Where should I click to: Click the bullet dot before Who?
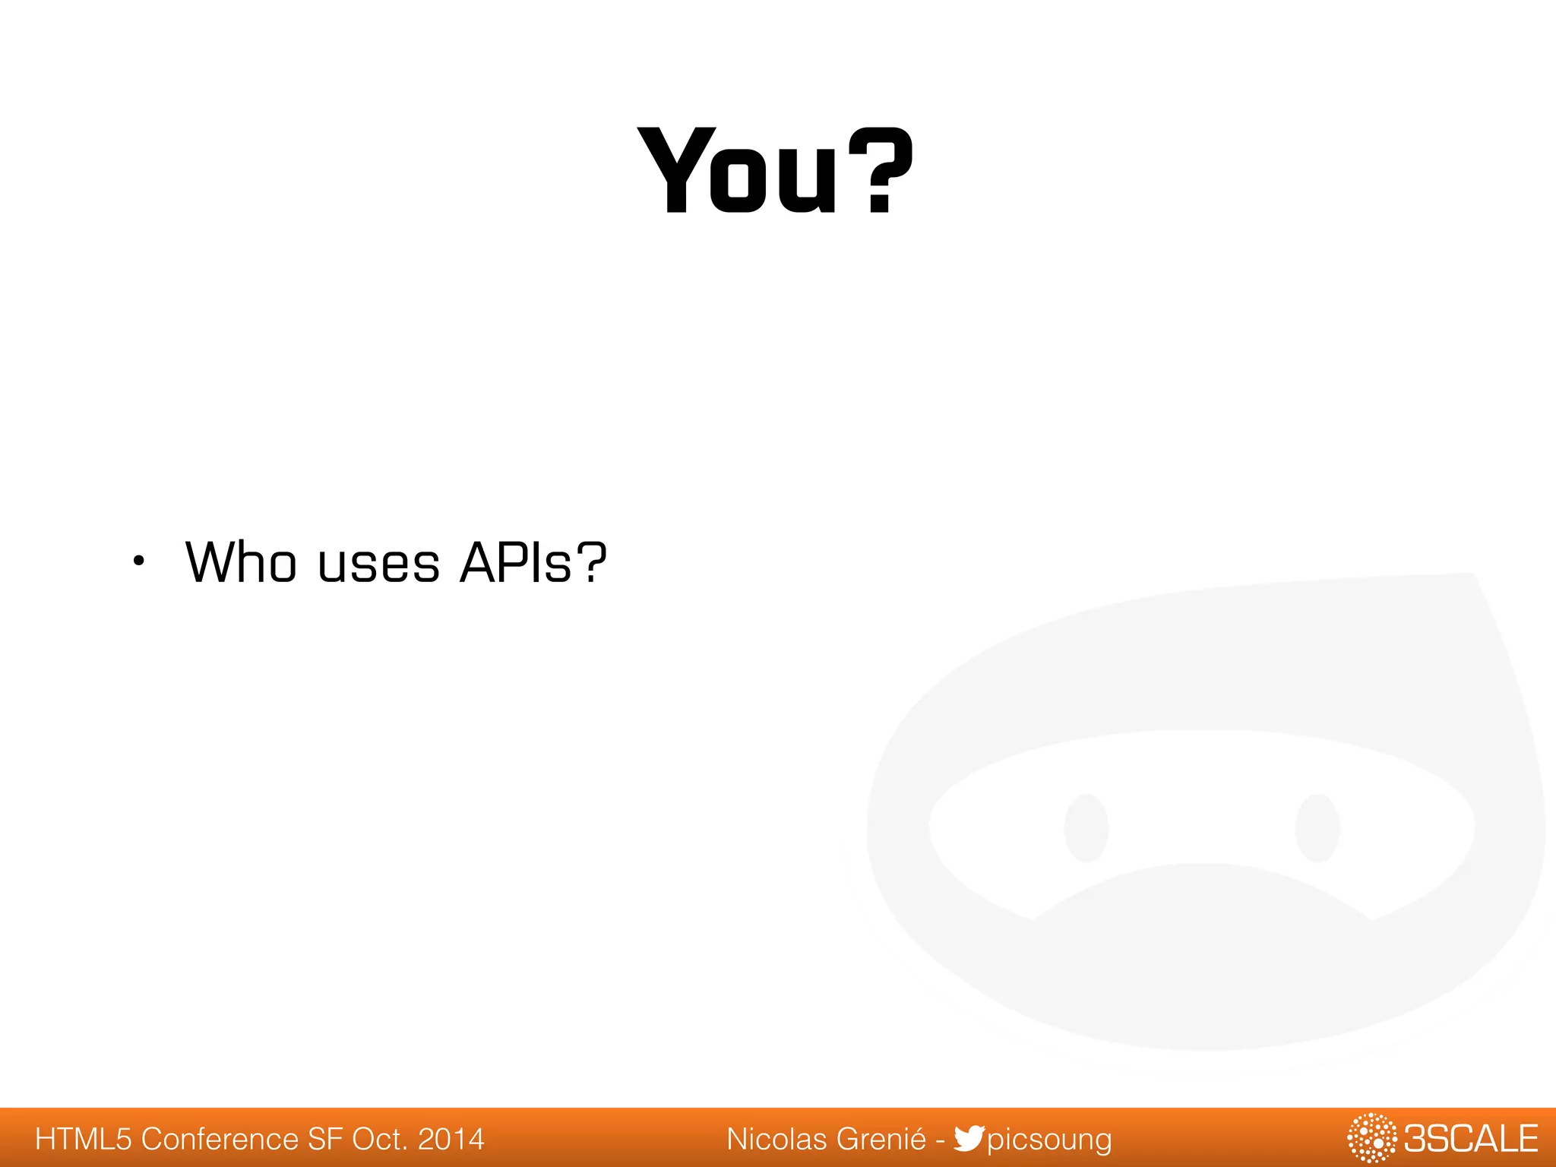(x=138, y=562)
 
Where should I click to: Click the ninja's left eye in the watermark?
(x=1086, y=828)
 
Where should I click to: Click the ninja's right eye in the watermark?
(x=1317, y=828)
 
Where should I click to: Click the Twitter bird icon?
(x=969, y=1138)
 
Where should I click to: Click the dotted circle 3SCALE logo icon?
(x=1371, y=1138)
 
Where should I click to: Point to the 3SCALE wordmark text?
(x=1470, y=1139)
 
